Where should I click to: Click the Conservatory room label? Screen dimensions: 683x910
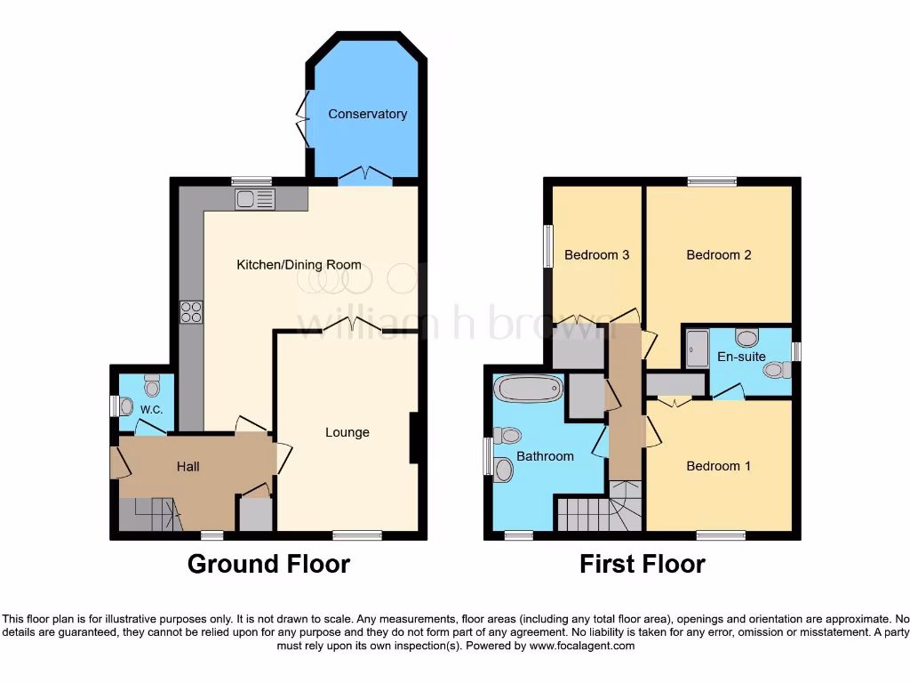tap(367, 114)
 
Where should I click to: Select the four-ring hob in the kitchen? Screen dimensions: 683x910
tap(191, 311)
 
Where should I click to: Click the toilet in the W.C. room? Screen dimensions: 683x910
tap(152, 385)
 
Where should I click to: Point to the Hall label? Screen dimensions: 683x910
tap(188, 466)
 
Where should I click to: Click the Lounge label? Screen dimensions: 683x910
tap(347, 432)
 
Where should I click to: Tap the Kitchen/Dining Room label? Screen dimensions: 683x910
tap(299, 264)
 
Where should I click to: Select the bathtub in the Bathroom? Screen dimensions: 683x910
tap(530, 389)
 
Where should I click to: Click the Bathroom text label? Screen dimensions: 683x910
tap(545, 456)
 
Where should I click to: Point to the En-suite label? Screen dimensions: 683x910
tap(741, 357)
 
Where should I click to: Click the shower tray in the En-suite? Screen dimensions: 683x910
tap(696, 349)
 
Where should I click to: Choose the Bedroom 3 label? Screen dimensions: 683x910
tap(596, 255)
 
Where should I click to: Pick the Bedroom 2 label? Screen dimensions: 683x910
tap(719, 255)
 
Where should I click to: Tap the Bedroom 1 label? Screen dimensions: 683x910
tap(718, 466)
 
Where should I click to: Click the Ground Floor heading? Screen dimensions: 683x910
tap(268, 564)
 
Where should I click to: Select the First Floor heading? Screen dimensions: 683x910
tap(643, 564)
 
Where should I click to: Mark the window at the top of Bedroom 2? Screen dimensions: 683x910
tap(712, 181)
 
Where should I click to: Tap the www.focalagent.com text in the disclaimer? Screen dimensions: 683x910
tap(582, 646)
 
